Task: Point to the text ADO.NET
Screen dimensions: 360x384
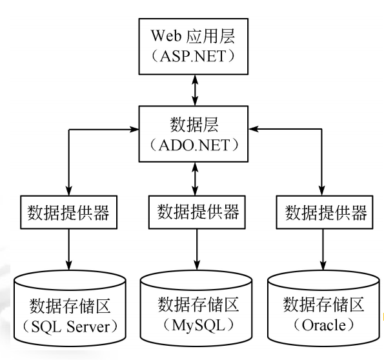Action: pos(196,143)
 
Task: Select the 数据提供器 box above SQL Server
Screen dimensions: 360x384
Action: pos(68,212)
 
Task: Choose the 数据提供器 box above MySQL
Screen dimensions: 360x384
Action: pos(196,210)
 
